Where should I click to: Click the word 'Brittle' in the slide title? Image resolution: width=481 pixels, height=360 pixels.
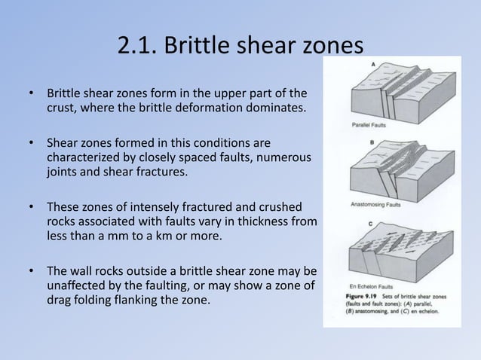point(191,47)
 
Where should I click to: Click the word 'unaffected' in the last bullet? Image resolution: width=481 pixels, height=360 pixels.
point(77,285)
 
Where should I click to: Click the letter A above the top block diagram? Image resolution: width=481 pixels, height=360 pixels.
point(375,66)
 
